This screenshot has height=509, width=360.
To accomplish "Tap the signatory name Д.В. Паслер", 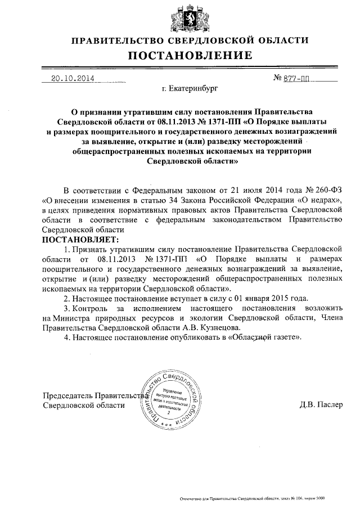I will [x=321, y=404].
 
